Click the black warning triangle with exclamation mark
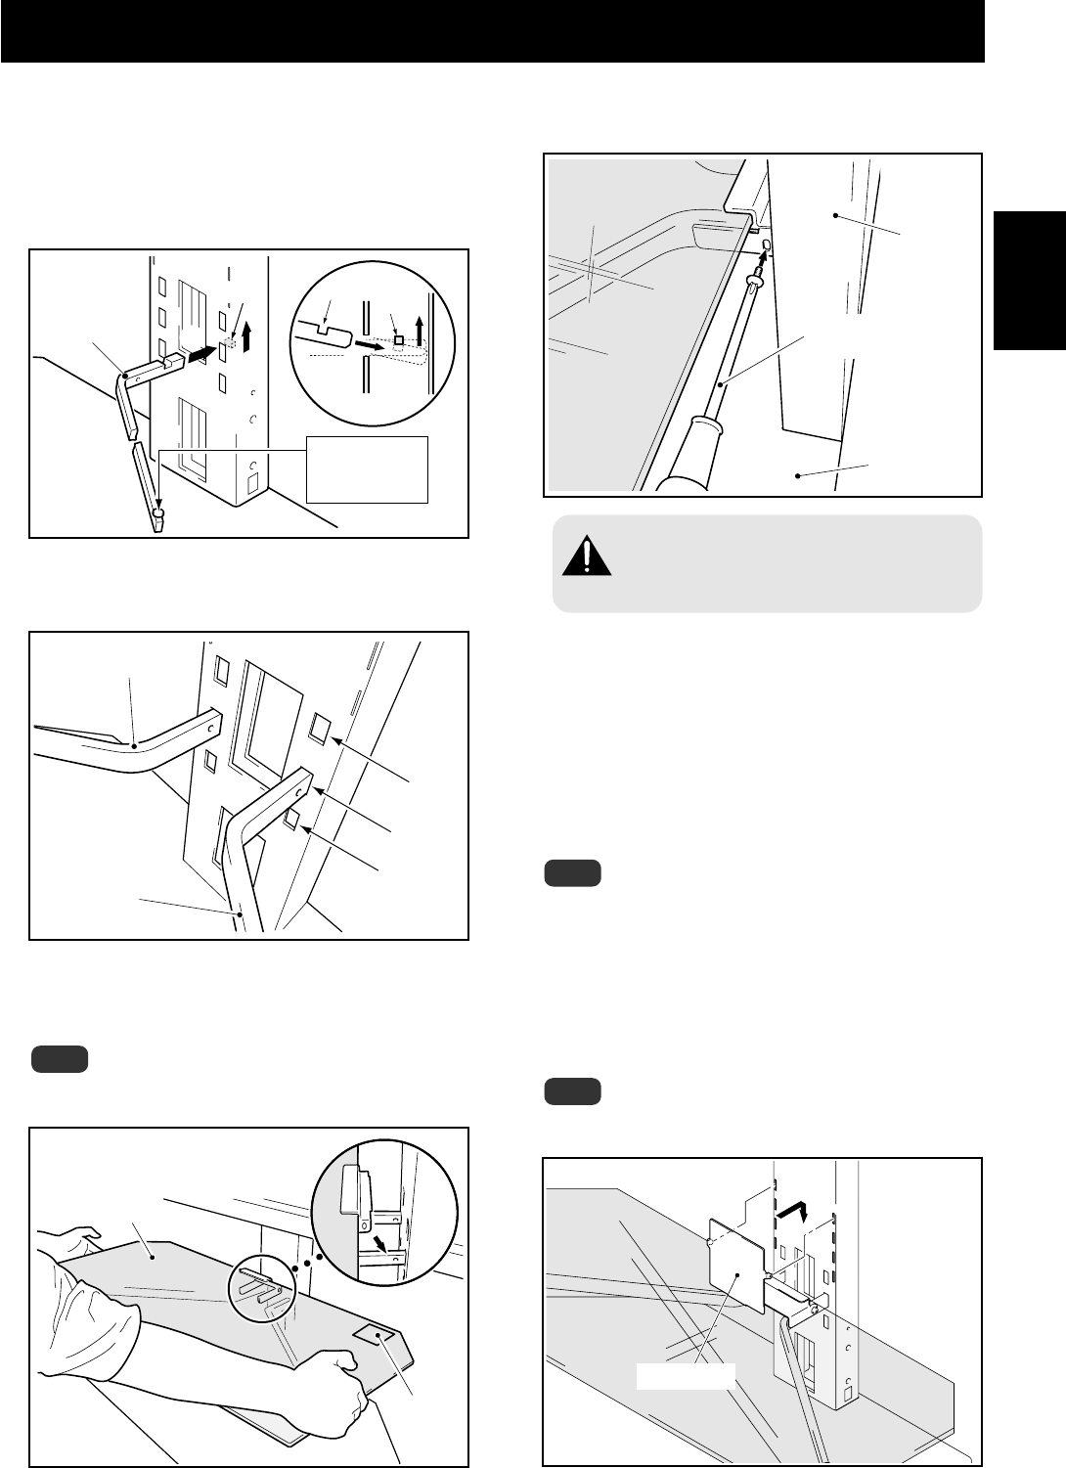587,557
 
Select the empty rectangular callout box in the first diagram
367,469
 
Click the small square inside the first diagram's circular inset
399,339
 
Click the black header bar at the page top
492,31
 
